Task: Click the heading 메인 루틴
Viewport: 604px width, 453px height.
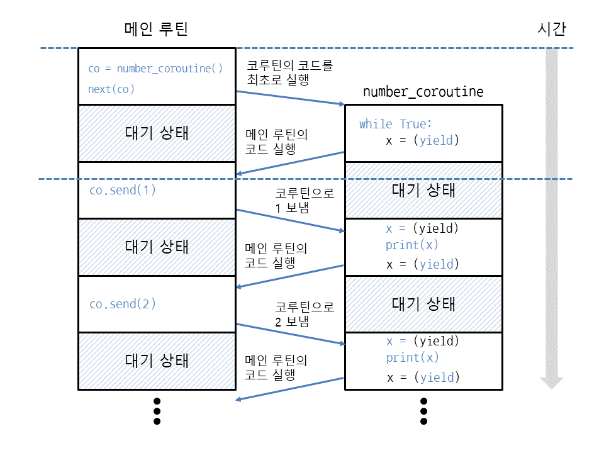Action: coord(157,30)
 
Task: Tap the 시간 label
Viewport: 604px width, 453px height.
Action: coord(552,30)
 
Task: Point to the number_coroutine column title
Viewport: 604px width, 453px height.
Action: coord(423,92)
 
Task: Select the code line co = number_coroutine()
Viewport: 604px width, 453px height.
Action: coord(155,69)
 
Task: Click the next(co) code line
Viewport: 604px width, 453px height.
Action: coord(111,89)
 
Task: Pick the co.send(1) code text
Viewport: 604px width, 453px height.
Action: coord(122,189)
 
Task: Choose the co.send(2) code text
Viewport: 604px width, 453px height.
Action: coord(122,304)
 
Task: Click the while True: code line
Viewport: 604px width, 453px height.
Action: coord(396,124)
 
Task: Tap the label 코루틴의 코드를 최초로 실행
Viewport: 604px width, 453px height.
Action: coord(290,72)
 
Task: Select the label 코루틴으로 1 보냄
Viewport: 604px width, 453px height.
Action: coord(305,200)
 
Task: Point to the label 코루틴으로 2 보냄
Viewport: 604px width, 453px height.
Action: coord(305,314)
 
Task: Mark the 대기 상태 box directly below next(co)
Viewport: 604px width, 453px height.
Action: coord(157,133)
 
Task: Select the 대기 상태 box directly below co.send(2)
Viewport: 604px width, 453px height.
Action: coord(157,361)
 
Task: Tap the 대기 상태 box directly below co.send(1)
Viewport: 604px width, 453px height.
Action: coord(157,246)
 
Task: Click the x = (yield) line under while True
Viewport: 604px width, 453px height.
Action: coord(422,140)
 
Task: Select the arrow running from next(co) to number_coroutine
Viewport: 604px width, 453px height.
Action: coord(290,98)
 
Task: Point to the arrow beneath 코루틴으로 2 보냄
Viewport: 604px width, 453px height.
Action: coord(290,334)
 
